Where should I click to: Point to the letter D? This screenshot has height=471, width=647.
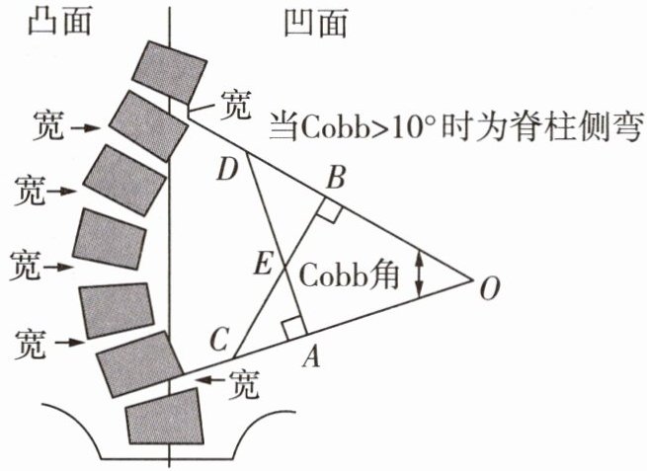pos(228,171)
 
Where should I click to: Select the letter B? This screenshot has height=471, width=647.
pos(335,180)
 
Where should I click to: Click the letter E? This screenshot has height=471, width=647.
pos(263,263)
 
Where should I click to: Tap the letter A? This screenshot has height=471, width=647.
pos(311,358)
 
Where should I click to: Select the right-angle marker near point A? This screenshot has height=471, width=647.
pos(290,327)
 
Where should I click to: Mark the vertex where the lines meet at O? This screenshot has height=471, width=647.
pos(472,280)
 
